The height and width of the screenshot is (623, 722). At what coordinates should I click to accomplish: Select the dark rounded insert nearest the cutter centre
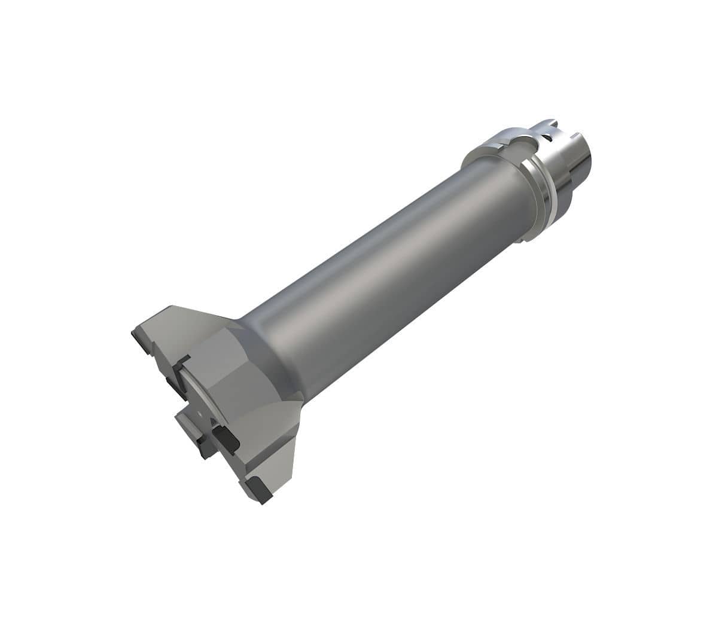(x=226, y=439)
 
